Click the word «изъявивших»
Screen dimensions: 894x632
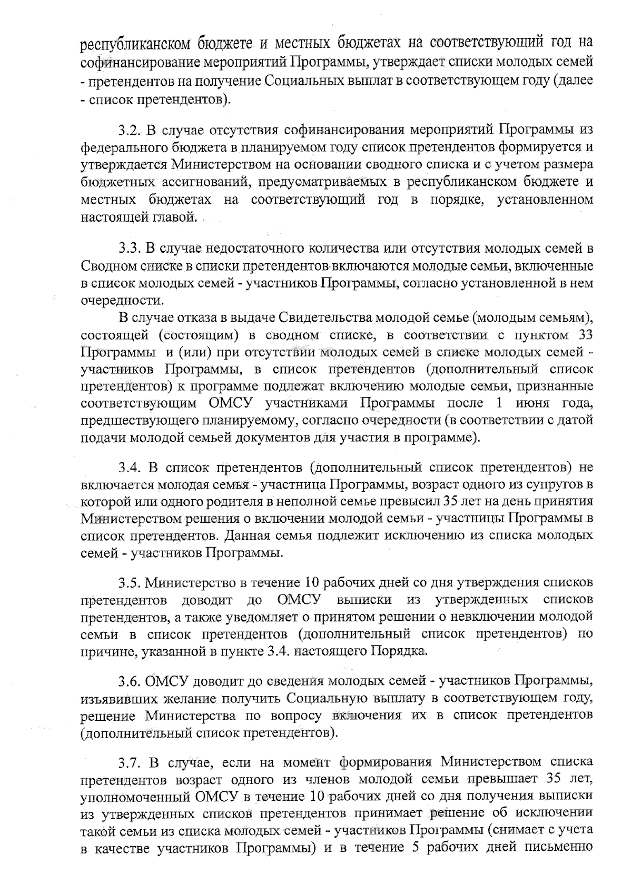[x=120, y=699]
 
